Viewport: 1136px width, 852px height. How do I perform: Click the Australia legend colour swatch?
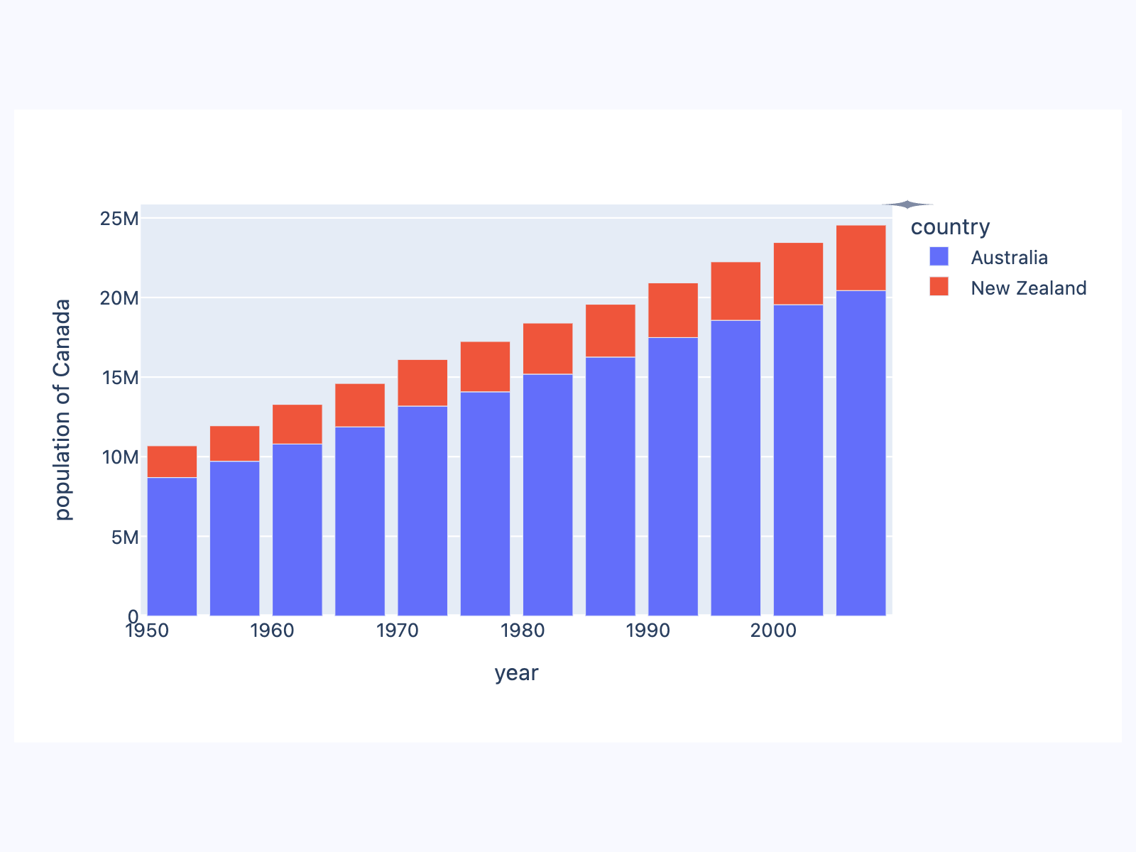pyautogui.click(x=939, y=256)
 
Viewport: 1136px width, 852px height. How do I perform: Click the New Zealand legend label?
pyautogui.click(x=1028, y=288)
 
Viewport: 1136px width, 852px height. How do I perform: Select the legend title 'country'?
pyautogui.click(x=950, y=226)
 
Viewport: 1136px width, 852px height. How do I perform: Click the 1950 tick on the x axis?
pyautogui.click(x=147, y=630)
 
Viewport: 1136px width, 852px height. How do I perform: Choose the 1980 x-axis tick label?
pyautogui.click(x=523, y=630)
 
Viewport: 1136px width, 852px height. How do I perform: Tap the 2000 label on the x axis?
pyautogui.click(x=773, y=630)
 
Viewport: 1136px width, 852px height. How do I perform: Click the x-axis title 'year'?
pyautogui.click(x=516, y=672)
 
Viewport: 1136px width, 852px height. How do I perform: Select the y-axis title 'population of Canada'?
pyautogui.click(x=63, y=409)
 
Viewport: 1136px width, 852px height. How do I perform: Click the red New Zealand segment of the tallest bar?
pyautogui.click(x=861, y=258)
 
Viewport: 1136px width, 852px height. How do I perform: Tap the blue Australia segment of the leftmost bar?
pyautogui.click(x=172, y=546)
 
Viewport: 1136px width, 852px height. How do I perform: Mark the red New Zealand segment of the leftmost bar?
pyautogui.click(x=172, y=461)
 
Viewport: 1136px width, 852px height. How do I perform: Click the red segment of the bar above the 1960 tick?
pyautogui.click(x=297, y=424)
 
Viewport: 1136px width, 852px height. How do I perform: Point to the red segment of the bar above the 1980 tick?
pyautogui.click(x=547, y=348)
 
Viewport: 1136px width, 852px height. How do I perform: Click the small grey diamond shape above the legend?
pyautogui.click(x=907, y=204)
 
